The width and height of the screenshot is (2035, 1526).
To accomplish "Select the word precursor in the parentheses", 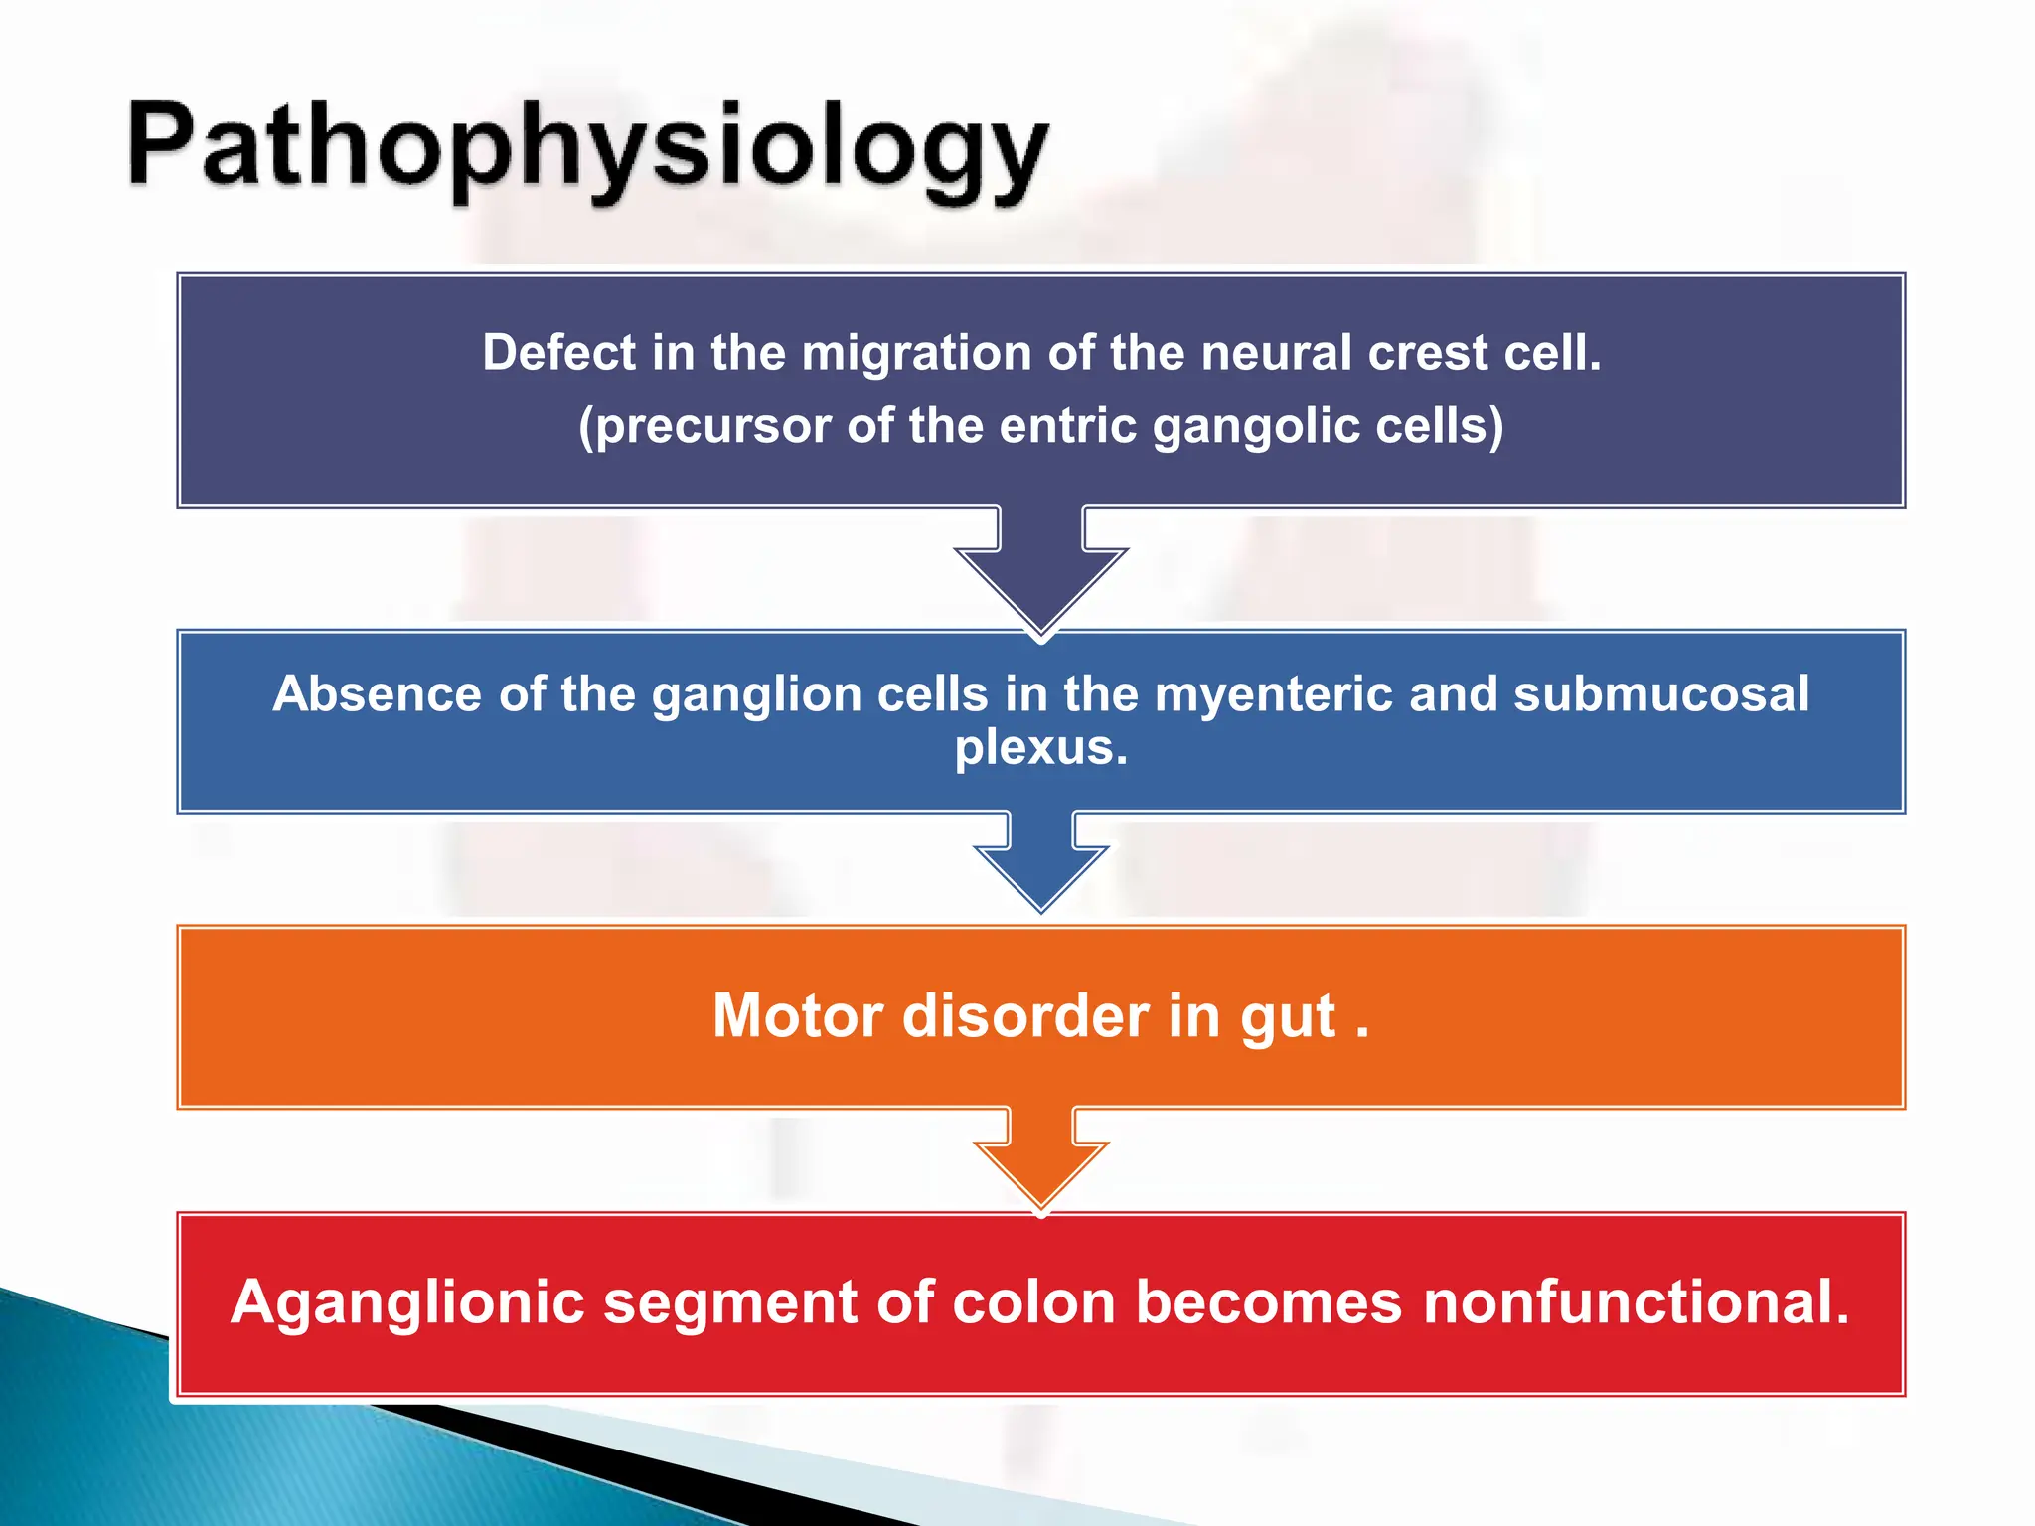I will (x=711, y=426).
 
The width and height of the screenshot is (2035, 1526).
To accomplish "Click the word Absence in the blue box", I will (x=378, y=693).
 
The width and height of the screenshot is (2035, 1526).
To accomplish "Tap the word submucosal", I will (x=1660, y=693).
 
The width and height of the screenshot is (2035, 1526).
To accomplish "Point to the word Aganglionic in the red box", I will (x=407, y=1302).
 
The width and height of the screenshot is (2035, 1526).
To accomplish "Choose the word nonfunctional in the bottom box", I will (x=1636, y=1302).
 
